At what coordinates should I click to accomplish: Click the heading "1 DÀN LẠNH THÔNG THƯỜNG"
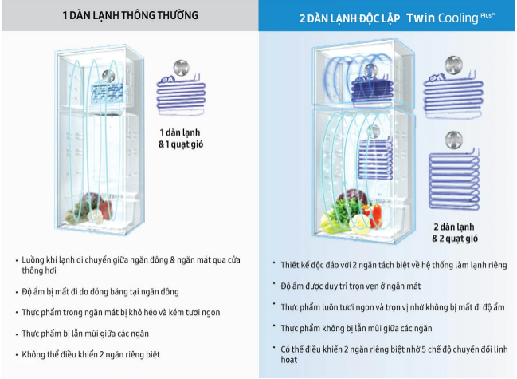[x=130, y=16]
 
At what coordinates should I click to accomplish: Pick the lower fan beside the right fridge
[x=455, y=140]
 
